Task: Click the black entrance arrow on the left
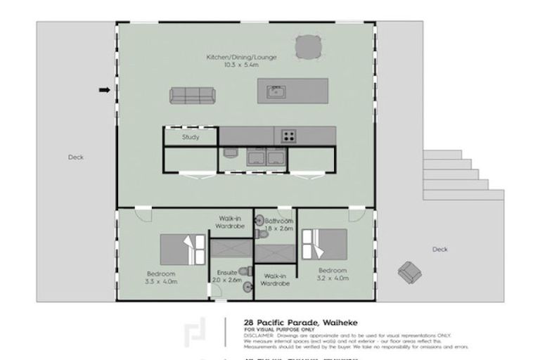(x=104, y=90)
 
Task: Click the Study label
(x=191, y=137)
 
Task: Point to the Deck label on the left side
(x=76, y=157)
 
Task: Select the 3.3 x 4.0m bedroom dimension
(x=162, y=281)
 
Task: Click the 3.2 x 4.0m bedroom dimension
(x=333, y=278)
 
